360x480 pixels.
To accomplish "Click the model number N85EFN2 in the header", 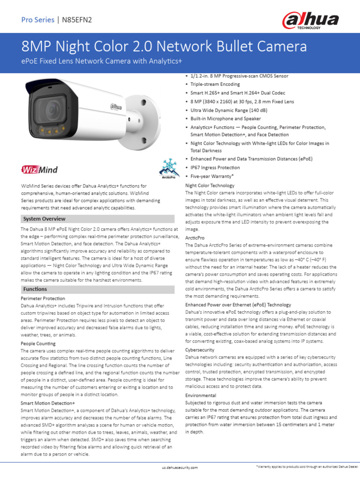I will pos(77,20).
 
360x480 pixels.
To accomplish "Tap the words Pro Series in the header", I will pos(37,20).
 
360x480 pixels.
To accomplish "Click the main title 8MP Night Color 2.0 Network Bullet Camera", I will pos(164,46).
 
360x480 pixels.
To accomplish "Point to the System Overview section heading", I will pos(45,219).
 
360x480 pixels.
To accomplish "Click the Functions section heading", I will pos(35,289).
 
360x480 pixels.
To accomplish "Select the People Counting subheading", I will pos(38,344).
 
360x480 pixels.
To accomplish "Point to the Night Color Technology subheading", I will pos(210,186).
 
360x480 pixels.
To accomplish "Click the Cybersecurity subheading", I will pos(201,350).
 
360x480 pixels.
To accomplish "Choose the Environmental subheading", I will pos(201,396).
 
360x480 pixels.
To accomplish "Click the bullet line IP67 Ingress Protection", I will pos(215,167).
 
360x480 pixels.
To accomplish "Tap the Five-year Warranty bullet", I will pos(212,176).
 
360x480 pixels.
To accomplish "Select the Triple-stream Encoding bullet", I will pos(215,84).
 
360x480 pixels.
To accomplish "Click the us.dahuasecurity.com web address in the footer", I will pos(180,467).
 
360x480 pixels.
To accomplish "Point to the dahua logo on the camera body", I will pos(116,107).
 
